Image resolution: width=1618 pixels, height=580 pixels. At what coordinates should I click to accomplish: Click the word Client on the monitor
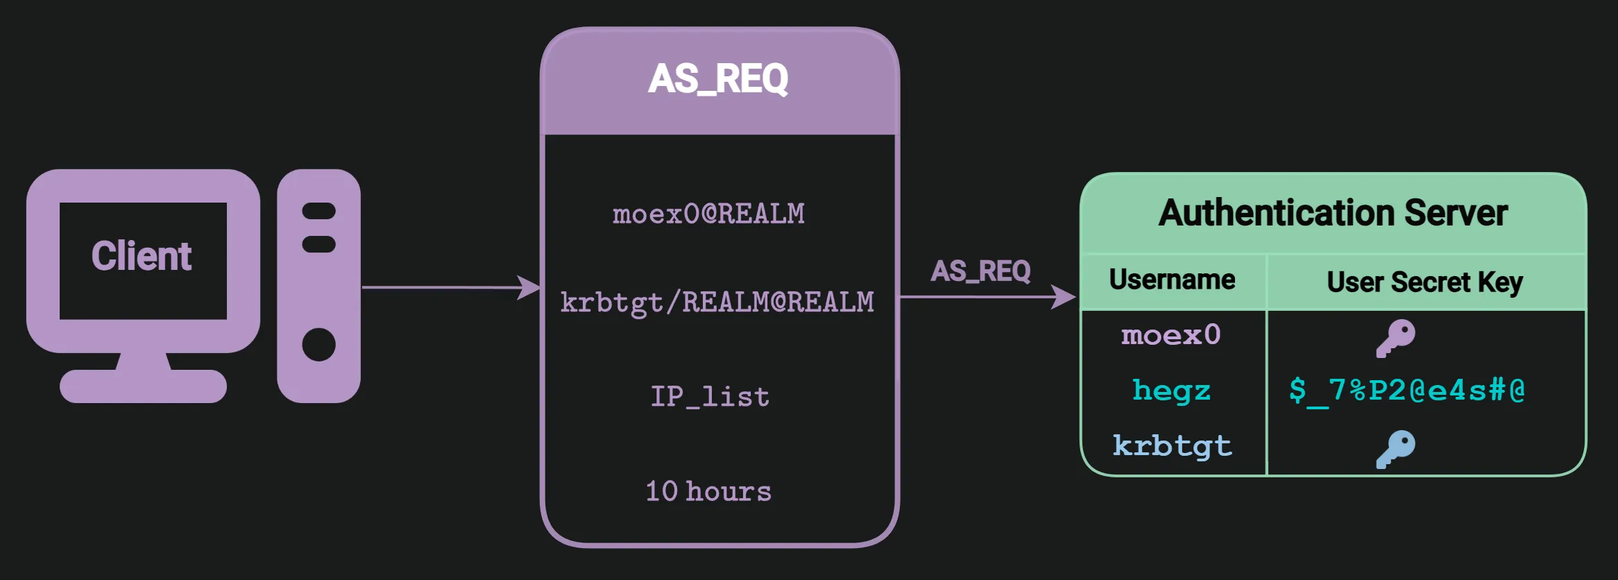tap(142, 256)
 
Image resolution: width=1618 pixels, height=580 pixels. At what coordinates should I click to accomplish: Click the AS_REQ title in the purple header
tap(718, 79)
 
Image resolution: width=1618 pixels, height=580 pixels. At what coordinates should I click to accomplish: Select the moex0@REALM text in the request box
tap(708, 214)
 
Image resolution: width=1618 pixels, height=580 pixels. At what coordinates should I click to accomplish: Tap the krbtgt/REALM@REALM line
tap(717, 302)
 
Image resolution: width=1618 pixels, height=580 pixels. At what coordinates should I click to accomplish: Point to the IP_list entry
tap(710, 397)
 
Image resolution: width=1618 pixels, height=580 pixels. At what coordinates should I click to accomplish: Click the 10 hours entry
tap(708, 491)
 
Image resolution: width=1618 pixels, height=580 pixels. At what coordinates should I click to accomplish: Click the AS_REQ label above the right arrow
tap(980, 271)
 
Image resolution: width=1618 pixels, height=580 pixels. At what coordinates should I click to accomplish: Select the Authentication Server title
tap(1333, 213)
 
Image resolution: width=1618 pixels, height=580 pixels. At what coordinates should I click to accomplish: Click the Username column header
tap(1172, 280)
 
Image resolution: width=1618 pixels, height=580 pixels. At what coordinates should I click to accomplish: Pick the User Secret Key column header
tap(1424, 282)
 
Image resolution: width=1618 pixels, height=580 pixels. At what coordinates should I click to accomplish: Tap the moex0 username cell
tap(1171, 336)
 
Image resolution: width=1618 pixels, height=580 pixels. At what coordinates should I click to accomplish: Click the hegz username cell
tap(1171, 391)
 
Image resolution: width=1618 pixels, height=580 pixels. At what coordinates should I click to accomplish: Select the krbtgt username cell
tap(1172, 446)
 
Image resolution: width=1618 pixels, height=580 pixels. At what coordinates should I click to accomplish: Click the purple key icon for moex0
tap(1395, 338)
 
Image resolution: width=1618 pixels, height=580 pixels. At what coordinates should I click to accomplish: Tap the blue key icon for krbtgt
tap(1395, 449)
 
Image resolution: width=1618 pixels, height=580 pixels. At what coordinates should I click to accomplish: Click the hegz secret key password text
tap(1406, 391)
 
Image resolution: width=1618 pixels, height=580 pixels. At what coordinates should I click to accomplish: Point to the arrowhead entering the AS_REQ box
tap(530, 287)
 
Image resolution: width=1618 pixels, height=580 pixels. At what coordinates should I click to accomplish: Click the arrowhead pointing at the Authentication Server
tap(1064, 297)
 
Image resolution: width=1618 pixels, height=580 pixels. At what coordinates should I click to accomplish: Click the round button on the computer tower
tap(319, 345)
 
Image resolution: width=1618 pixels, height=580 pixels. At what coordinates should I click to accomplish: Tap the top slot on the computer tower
tap(319, 211)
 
